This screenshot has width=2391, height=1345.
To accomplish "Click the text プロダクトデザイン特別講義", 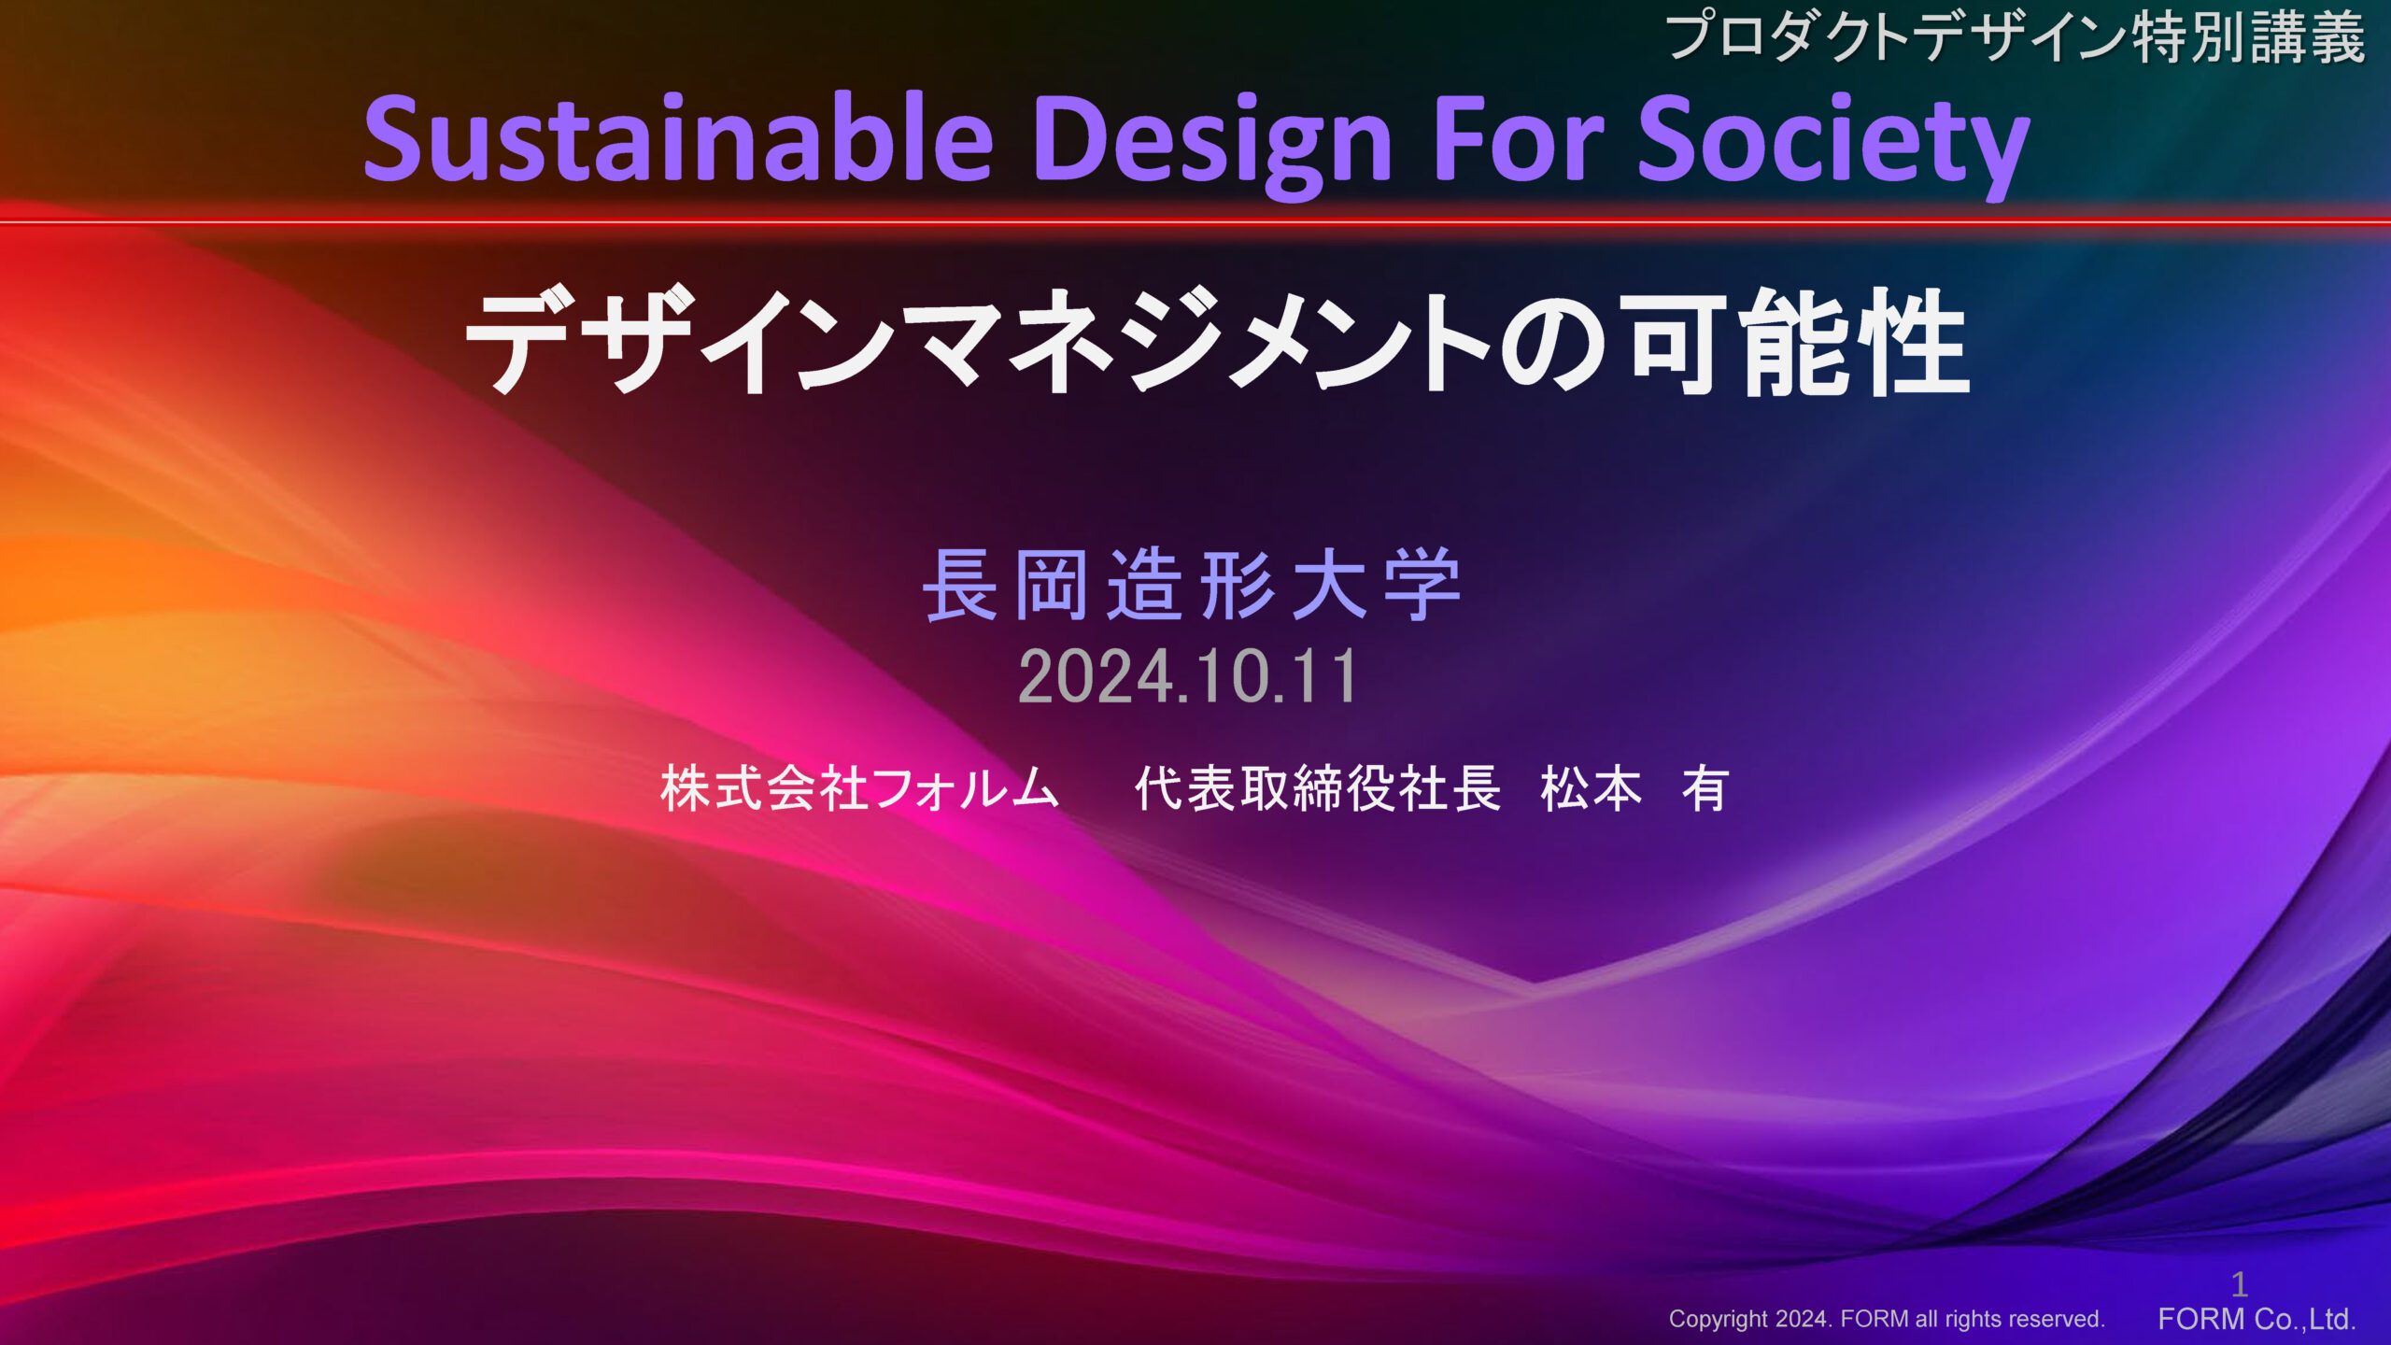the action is click(x=2016, y=37).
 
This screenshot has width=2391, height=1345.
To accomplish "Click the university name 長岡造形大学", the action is click(x=1192, y=586).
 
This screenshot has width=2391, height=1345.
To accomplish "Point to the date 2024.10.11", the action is click(x=1188, y=676).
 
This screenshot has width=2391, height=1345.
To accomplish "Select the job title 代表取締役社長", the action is click(x=1318, y=788).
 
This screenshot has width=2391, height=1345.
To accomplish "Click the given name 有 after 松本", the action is click(x=1705, y=788).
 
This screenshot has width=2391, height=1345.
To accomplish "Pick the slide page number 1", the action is click(x=2240, y=1284).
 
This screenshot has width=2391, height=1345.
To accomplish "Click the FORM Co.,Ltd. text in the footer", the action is click(x=2257, y=1319).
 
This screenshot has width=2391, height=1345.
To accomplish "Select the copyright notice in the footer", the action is click(x=1887, y=1319).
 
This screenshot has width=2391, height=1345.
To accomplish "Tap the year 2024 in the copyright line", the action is click(x=1802, y=1319).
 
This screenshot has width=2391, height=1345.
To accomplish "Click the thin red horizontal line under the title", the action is click(x=1195, y=222).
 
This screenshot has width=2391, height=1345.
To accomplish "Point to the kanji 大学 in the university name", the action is click(x=1377, y=586).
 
